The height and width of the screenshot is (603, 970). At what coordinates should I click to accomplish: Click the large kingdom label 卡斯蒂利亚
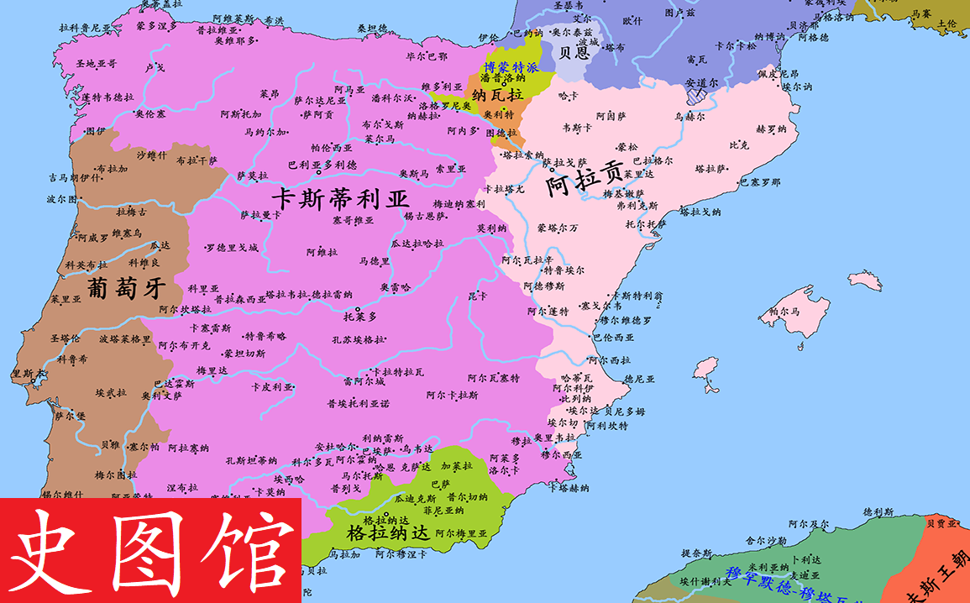[339, 200]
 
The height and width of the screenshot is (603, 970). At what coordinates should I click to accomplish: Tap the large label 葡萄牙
[123, 290]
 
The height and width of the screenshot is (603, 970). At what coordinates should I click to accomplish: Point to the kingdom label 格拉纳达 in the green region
[387, 532]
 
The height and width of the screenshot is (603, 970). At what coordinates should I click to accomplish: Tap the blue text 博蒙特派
[510, 66]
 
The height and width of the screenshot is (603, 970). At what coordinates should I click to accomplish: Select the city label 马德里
[374, 261]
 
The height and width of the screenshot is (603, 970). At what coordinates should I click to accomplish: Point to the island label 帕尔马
[784, 312]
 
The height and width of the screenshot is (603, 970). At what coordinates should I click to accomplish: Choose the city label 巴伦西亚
[613, 337]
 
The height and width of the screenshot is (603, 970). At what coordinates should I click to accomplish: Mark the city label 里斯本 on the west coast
[27, 374]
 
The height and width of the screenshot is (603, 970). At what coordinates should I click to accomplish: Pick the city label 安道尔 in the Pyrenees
[701, 83]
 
